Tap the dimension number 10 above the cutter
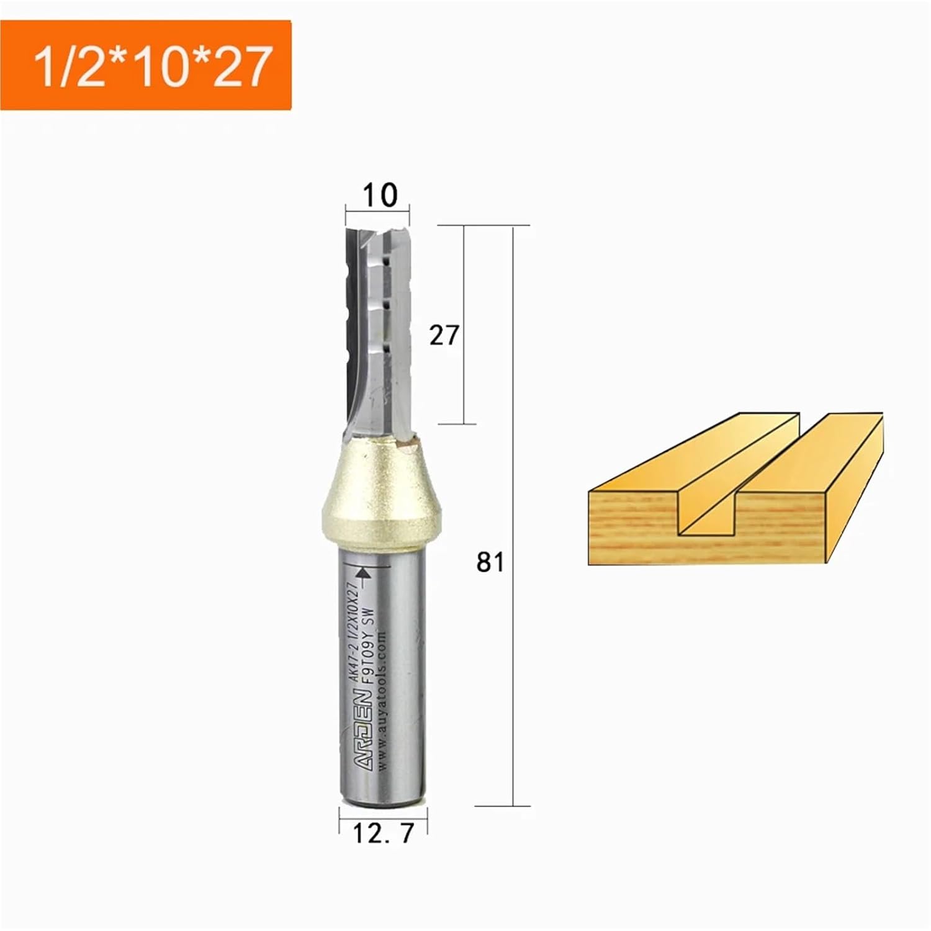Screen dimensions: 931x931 (x=379, y=195)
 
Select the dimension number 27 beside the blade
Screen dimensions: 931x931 (x=443, y=336)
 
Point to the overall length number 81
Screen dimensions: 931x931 (x=490, y=562)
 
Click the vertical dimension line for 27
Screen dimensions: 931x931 (x=464, y=279)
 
